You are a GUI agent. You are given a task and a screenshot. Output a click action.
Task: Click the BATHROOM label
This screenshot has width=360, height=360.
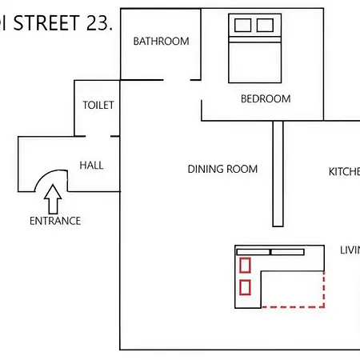[161, 42]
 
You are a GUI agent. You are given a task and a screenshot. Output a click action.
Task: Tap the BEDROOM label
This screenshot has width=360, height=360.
[265, 99]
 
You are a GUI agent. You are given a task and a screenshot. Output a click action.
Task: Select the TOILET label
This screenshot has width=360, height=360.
[98, 105]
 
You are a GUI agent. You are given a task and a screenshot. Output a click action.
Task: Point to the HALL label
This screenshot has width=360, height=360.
[91, 166]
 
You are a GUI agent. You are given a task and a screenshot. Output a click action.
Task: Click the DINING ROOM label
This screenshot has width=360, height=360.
[222, 169]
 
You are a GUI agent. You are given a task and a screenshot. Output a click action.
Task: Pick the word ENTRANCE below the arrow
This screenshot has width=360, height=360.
[55, 221]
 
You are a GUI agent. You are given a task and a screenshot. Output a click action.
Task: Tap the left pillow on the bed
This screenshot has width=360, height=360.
[242, 25]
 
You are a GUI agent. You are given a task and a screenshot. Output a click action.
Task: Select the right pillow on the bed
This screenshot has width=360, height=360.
[265, 25]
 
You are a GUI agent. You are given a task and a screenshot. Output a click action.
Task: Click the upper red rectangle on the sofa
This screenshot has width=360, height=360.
[246, 265]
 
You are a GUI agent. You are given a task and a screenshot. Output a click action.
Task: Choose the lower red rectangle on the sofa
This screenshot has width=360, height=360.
[246, 286]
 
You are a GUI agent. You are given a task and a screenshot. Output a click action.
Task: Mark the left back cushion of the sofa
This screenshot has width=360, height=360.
[253, 252]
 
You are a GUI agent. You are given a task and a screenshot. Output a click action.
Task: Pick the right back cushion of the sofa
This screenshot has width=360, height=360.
[287, 252]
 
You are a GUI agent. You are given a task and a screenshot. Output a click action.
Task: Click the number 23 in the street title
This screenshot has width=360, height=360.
[98, 22]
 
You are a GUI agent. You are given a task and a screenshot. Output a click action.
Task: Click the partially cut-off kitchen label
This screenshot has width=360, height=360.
[345, 172]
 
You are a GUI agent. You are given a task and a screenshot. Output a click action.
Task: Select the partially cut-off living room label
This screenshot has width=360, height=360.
[350, 250]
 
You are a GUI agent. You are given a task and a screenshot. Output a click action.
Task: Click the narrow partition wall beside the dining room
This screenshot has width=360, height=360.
[278, 173]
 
